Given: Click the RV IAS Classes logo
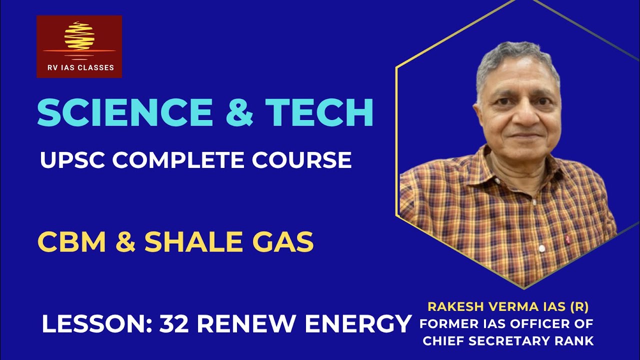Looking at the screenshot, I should (79, 46).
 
